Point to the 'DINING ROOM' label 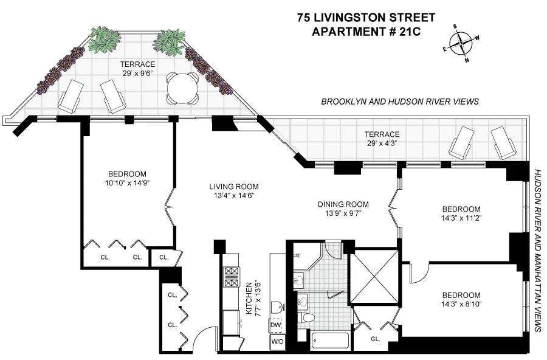coord(344,204)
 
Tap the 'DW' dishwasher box coord(277,325)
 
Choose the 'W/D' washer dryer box coord(277,343)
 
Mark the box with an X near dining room coord(373,277)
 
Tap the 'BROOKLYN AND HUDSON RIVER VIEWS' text coord(400,102)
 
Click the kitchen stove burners coord(232,277)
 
